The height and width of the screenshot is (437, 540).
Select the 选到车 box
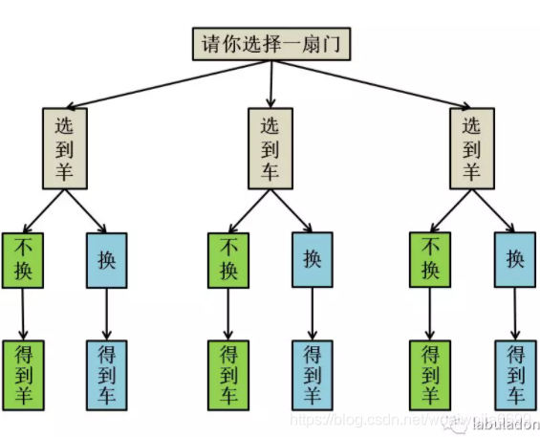(270, 147)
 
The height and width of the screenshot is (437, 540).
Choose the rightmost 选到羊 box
(471, 147)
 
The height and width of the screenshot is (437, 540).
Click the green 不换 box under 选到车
(228, 259)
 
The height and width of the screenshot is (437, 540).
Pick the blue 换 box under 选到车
(313, 259)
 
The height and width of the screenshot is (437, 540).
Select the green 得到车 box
(228, 374)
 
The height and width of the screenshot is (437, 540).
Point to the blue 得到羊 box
(313, 374)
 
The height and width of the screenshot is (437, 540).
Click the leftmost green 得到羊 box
(23, 374)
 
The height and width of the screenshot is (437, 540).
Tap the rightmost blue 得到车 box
(516, 374)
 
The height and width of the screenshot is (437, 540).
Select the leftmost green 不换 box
(23, 259)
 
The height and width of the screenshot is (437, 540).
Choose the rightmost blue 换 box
(516, 259)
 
